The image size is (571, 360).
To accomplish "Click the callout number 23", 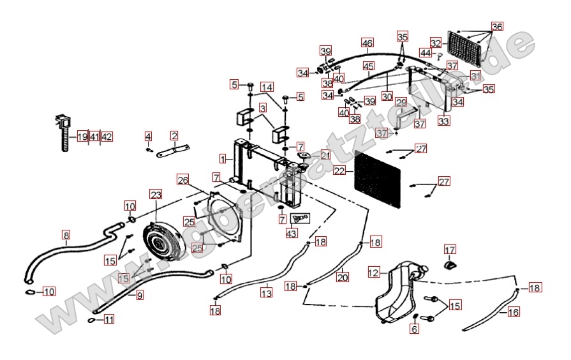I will [156, 194].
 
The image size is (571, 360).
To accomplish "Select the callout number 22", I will [339, 171].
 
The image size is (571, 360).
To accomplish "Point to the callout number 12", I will [374, 273].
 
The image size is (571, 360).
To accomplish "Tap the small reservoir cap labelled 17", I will [450, 264].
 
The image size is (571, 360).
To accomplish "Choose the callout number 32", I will [436, 43].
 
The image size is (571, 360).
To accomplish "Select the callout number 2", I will [174, 135].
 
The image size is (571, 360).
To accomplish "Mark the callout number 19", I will [82, 137].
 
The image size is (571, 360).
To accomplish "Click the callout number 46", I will [367, 43].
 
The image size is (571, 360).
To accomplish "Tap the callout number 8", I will [66, 234].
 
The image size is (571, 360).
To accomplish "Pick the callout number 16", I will [514, 311].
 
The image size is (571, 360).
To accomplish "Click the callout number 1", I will [222, 158].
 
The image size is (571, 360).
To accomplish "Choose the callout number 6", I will [415, 329].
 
